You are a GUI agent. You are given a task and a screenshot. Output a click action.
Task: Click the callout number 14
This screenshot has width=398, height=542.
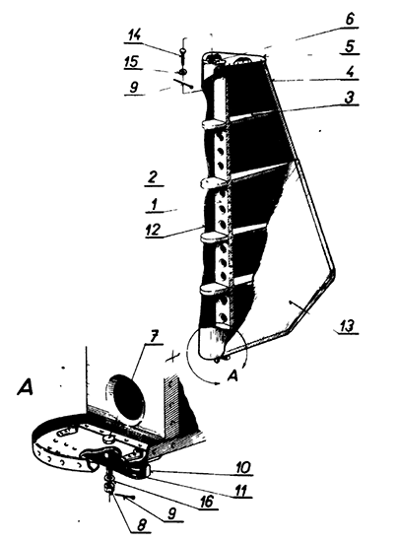coord(135,34)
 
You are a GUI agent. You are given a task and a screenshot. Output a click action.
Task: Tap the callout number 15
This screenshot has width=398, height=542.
coord(131,61)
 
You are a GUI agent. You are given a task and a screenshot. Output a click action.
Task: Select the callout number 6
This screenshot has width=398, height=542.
coord(350,19)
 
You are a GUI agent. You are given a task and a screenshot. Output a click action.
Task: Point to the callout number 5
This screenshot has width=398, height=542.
coord(350,46)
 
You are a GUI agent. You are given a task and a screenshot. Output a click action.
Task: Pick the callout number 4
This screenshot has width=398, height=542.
coord(350,72)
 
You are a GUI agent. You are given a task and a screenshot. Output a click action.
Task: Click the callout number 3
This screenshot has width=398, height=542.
coord(350,98)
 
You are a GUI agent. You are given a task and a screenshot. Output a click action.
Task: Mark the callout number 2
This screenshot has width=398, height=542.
coord(153,177)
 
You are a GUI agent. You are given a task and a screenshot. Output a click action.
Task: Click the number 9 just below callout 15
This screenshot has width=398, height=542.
coord(133,87)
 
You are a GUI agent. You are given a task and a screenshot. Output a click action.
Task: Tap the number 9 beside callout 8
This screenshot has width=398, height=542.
coord(172,514)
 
